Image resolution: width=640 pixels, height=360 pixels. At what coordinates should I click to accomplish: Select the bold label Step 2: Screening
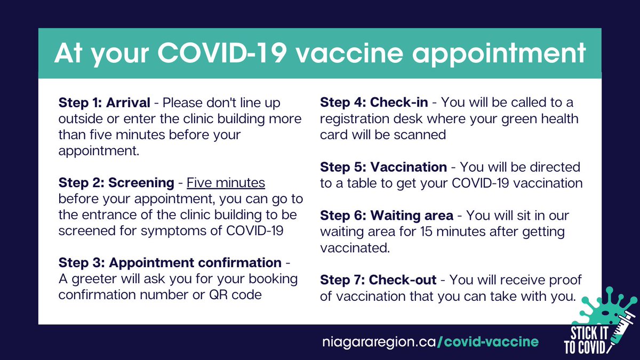116,183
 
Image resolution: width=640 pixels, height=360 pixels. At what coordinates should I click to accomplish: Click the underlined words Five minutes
226,183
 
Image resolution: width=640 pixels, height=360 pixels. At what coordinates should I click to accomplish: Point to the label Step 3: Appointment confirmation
170,263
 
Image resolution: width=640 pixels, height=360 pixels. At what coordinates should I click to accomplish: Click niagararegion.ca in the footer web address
379,341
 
